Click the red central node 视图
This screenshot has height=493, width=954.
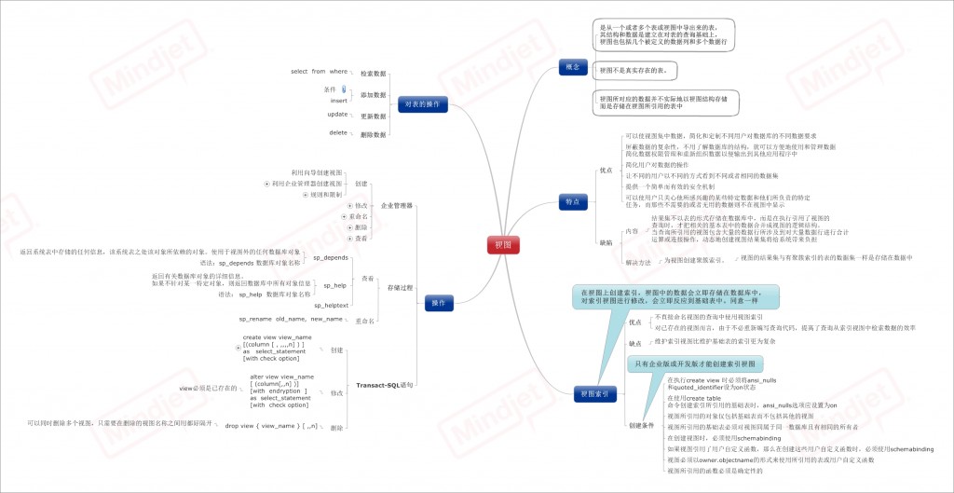503,243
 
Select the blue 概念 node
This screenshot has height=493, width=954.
573,67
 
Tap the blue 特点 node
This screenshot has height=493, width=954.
573,201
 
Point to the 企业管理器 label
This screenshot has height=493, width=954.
398,204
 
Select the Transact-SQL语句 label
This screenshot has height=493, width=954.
385,384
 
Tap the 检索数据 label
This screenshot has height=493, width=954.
373,73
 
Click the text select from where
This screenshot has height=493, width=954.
319,71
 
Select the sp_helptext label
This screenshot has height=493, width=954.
332,305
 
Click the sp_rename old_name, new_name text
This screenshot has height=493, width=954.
290,319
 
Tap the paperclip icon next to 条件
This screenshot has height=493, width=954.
344,89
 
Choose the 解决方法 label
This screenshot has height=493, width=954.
638,262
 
